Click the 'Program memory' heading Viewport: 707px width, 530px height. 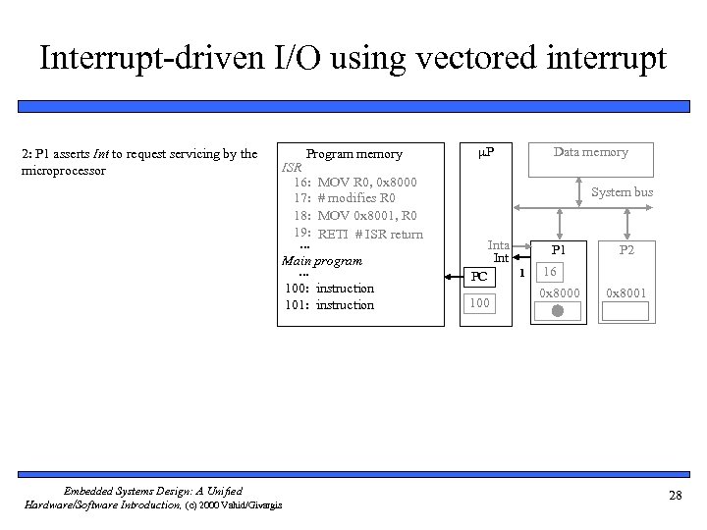[353, 154]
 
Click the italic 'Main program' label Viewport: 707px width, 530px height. [322, 261]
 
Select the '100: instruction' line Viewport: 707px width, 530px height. [329, 288]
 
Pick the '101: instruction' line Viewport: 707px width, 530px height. [329, 305]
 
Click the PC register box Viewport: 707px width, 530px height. [479, 276]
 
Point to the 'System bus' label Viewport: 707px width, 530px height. [621, 192]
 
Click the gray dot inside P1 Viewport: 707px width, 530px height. [557, 311]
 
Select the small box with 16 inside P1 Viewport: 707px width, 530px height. [550, 271]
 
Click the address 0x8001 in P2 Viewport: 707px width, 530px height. [626, 293]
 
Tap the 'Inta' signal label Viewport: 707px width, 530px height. [499, 245]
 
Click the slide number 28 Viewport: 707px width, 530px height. [675, 496]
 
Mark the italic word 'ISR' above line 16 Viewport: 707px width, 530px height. [293, 168]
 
